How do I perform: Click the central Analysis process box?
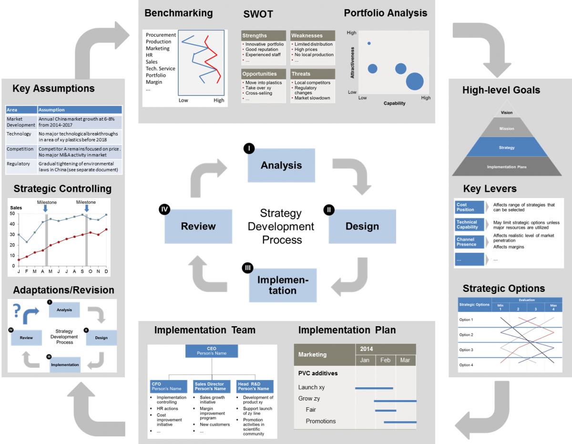point(281,165)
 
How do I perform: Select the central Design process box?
point(362,226)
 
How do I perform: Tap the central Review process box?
point(198,226)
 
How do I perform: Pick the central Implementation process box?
point(283,285)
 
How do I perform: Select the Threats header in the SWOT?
point(312,74)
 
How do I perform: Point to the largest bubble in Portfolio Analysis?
point(415,82)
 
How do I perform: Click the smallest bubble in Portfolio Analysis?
point(369,43)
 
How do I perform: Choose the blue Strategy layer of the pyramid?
point(506,148)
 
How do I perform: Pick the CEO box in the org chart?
point(212,351)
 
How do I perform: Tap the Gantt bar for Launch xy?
point(374,388)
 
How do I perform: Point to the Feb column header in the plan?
point(385,360)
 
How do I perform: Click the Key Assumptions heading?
point(53,88)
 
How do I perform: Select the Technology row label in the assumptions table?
point(19,134)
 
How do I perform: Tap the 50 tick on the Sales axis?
point(12,214)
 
